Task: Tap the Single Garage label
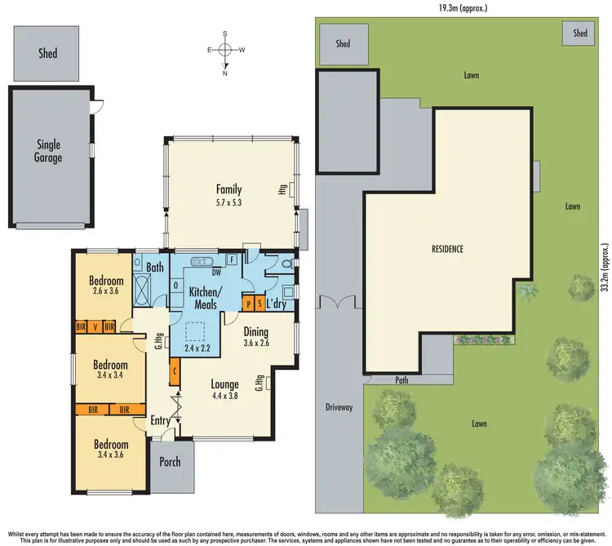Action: [48, 151]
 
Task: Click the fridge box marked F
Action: [232, 260]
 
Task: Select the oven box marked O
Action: [176, 286]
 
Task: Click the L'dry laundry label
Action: [278, 304]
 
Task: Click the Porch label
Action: [170, 462]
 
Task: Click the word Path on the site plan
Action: [400, 379]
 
